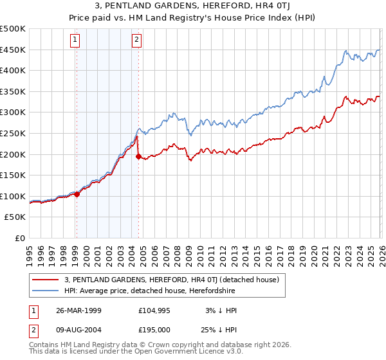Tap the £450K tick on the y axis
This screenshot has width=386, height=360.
13,50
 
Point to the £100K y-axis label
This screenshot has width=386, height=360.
13,196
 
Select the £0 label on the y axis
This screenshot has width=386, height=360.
19,238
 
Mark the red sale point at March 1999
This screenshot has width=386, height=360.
77,194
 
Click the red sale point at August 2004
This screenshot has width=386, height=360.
138,156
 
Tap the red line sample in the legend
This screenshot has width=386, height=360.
46,280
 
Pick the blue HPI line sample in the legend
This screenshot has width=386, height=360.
46,291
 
